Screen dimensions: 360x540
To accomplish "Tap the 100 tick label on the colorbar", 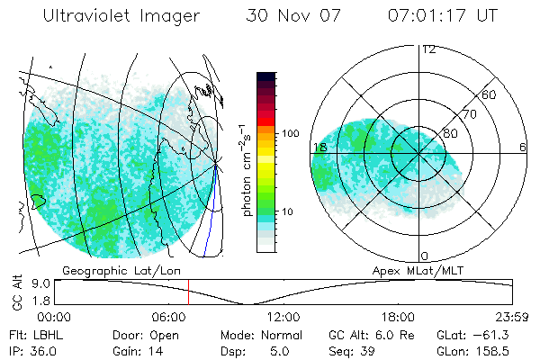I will click(x=289, y=133).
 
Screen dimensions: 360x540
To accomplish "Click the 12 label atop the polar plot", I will click(x=429, y=49).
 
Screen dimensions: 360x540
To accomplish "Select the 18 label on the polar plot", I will click(x=319, y=148).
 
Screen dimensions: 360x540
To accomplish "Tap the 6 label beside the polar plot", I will click(x=522, y=148).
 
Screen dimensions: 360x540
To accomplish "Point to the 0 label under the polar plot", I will click(x=425, y=256).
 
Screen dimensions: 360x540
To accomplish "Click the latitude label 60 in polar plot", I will click(x=490, y=94).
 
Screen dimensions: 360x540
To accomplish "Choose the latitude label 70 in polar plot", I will click(x=469, y=114).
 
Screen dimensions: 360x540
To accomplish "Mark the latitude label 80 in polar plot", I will click(x=450, y=133).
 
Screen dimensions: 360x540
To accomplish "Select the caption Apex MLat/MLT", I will click(x=417, y=270).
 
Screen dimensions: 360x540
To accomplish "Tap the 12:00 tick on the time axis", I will click(x=283, y=317).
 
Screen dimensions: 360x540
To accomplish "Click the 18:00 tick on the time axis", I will click(x=398, y=317).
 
